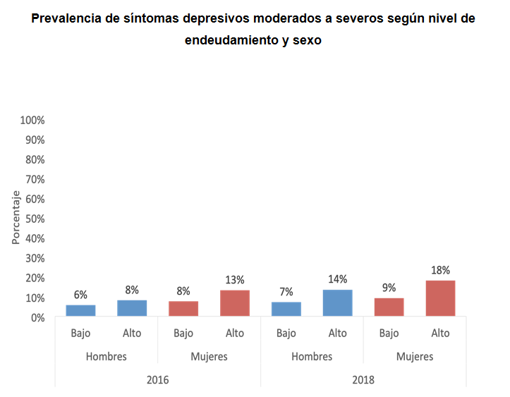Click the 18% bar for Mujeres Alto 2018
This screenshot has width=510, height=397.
point(440,298)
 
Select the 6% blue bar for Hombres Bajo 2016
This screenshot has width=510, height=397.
point(80,310)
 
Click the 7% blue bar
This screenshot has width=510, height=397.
point(286,309)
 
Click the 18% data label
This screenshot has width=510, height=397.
point(440,270)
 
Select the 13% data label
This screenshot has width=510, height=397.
point(234,280)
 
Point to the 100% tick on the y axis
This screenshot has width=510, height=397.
point(32,120)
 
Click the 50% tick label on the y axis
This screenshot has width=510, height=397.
point(35,219)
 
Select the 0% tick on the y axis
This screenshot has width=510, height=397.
point(37,317)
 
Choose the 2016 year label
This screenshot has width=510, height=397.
point(157,379)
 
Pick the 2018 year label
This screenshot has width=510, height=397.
point(363,379)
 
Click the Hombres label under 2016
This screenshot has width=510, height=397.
point(106,356)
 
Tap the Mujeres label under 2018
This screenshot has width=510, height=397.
point(415,356)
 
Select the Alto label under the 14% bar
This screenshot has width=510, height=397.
point(337,333)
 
